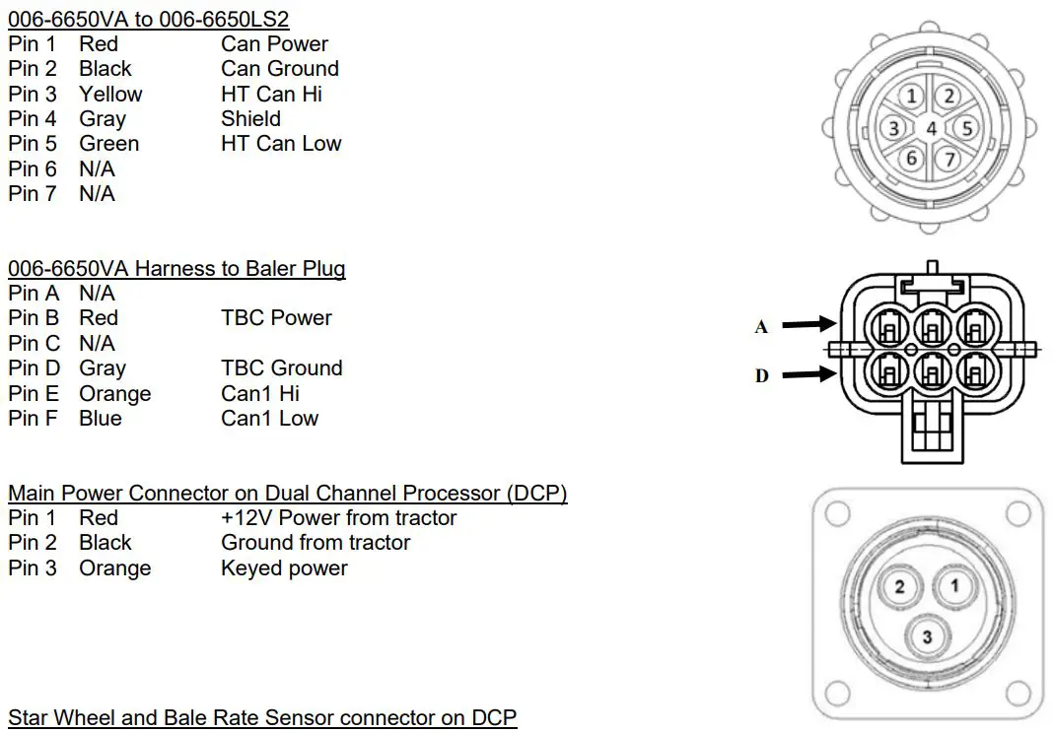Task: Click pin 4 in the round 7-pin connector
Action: [931, 127]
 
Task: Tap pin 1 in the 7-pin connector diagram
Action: [913, 97]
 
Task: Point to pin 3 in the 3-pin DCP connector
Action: [927, 636]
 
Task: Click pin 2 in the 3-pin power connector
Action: [899, 588]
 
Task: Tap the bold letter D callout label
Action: [761, 375]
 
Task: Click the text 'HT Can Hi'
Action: [271, 94]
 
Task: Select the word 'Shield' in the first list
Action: [250, 118]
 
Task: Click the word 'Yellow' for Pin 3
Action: [110, 94]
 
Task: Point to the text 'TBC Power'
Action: [276, 317]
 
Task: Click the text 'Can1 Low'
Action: [269, 418]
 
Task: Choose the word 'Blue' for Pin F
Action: [101, 418]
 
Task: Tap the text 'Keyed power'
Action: [284, 567]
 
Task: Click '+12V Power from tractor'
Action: [338, 517]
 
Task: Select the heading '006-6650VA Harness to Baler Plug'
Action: [176, 268]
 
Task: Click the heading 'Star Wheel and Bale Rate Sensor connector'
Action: [262, 716]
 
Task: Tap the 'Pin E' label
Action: [34, 393]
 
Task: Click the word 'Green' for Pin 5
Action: [108, 143]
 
